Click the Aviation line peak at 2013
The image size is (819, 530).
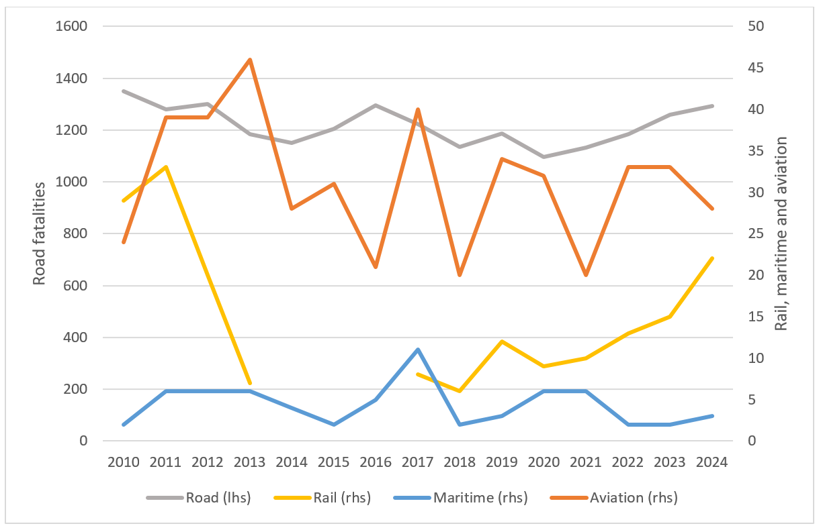(250, 60)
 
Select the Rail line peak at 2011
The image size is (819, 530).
(166, 167)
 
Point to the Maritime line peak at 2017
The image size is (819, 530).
(418, 350)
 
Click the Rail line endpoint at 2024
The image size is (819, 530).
(712, 258)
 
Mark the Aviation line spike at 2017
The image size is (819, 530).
(418, 109)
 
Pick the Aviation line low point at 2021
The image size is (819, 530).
(586, 275)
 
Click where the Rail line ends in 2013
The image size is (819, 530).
(250, 383)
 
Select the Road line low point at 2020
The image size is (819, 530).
(544, 157)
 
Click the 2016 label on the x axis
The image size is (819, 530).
(376, 462)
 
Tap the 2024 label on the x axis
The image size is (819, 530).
(712, 462)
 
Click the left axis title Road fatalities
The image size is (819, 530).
(40, 233)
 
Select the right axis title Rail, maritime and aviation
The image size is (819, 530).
(781, 233)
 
